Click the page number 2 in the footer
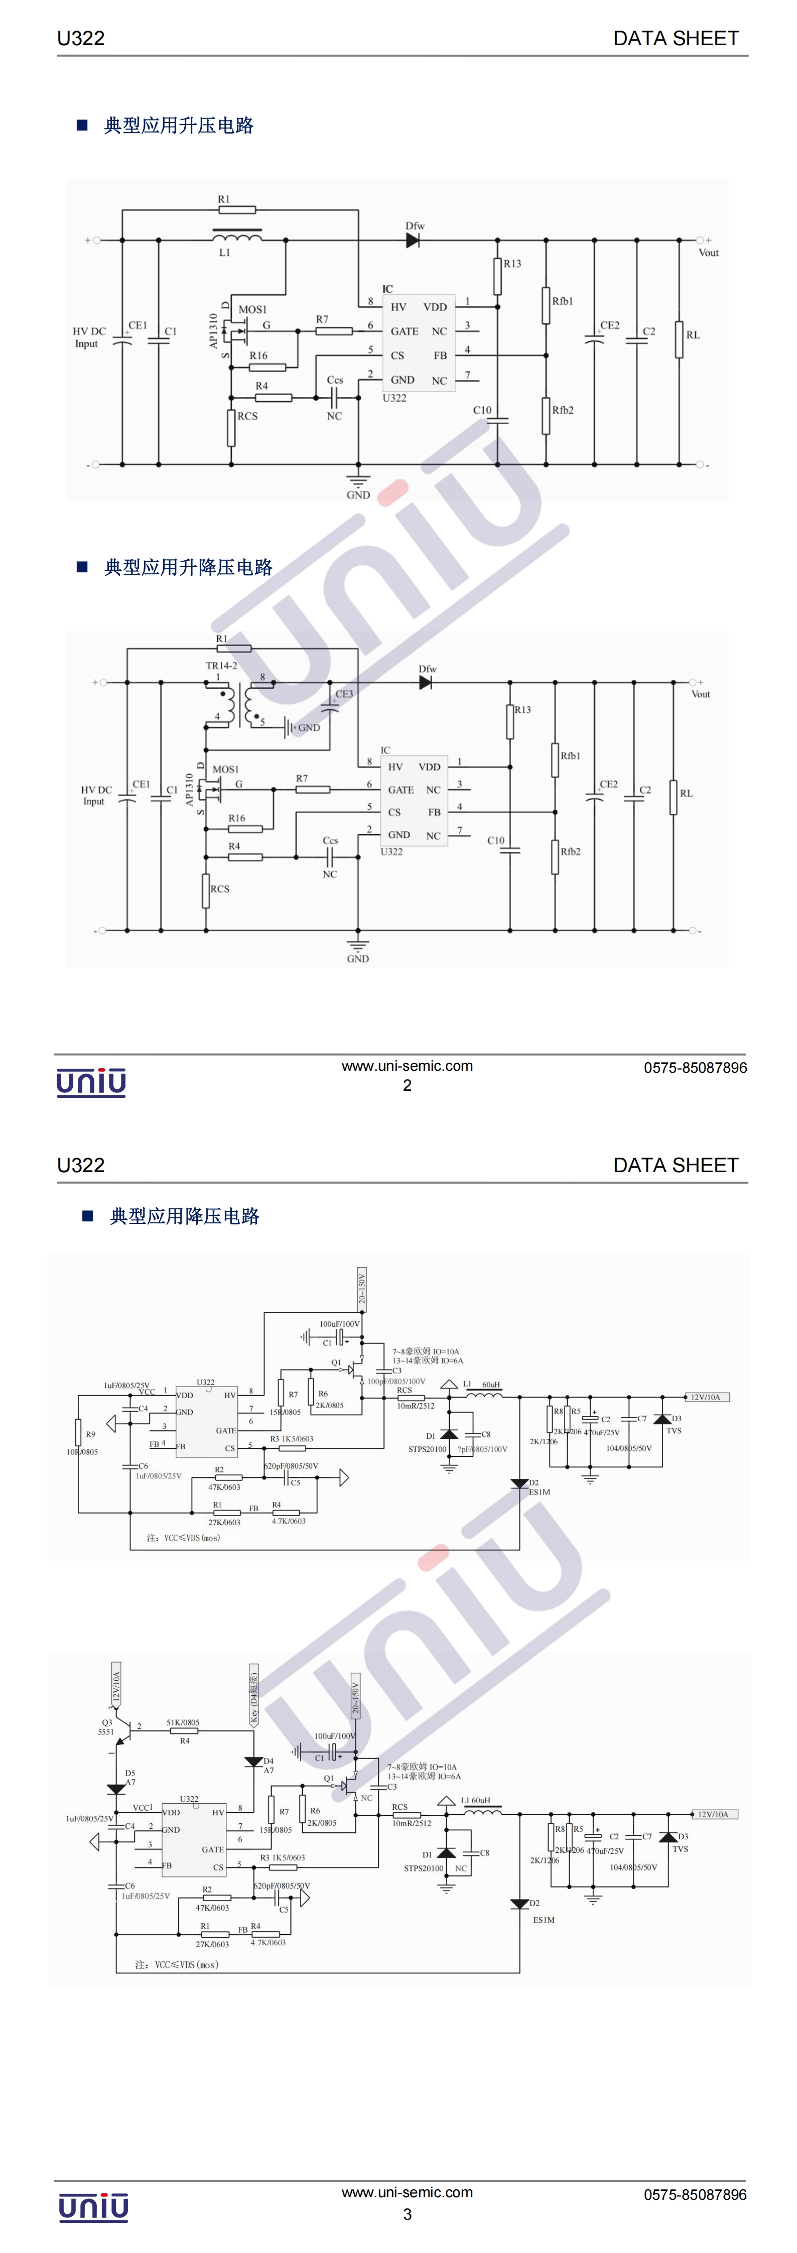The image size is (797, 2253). click(407, 1085)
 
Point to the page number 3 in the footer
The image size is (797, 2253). click(407, 2214)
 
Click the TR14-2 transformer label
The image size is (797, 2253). click(221, 666)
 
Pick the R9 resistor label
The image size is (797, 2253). click(90, 1434)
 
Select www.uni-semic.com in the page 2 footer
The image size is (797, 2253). click(407, 1066)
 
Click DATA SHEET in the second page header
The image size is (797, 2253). click(676, 1165)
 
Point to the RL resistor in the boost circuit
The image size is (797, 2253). click(679, 339)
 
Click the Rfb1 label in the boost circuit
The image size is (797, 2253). click(563, 301)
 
